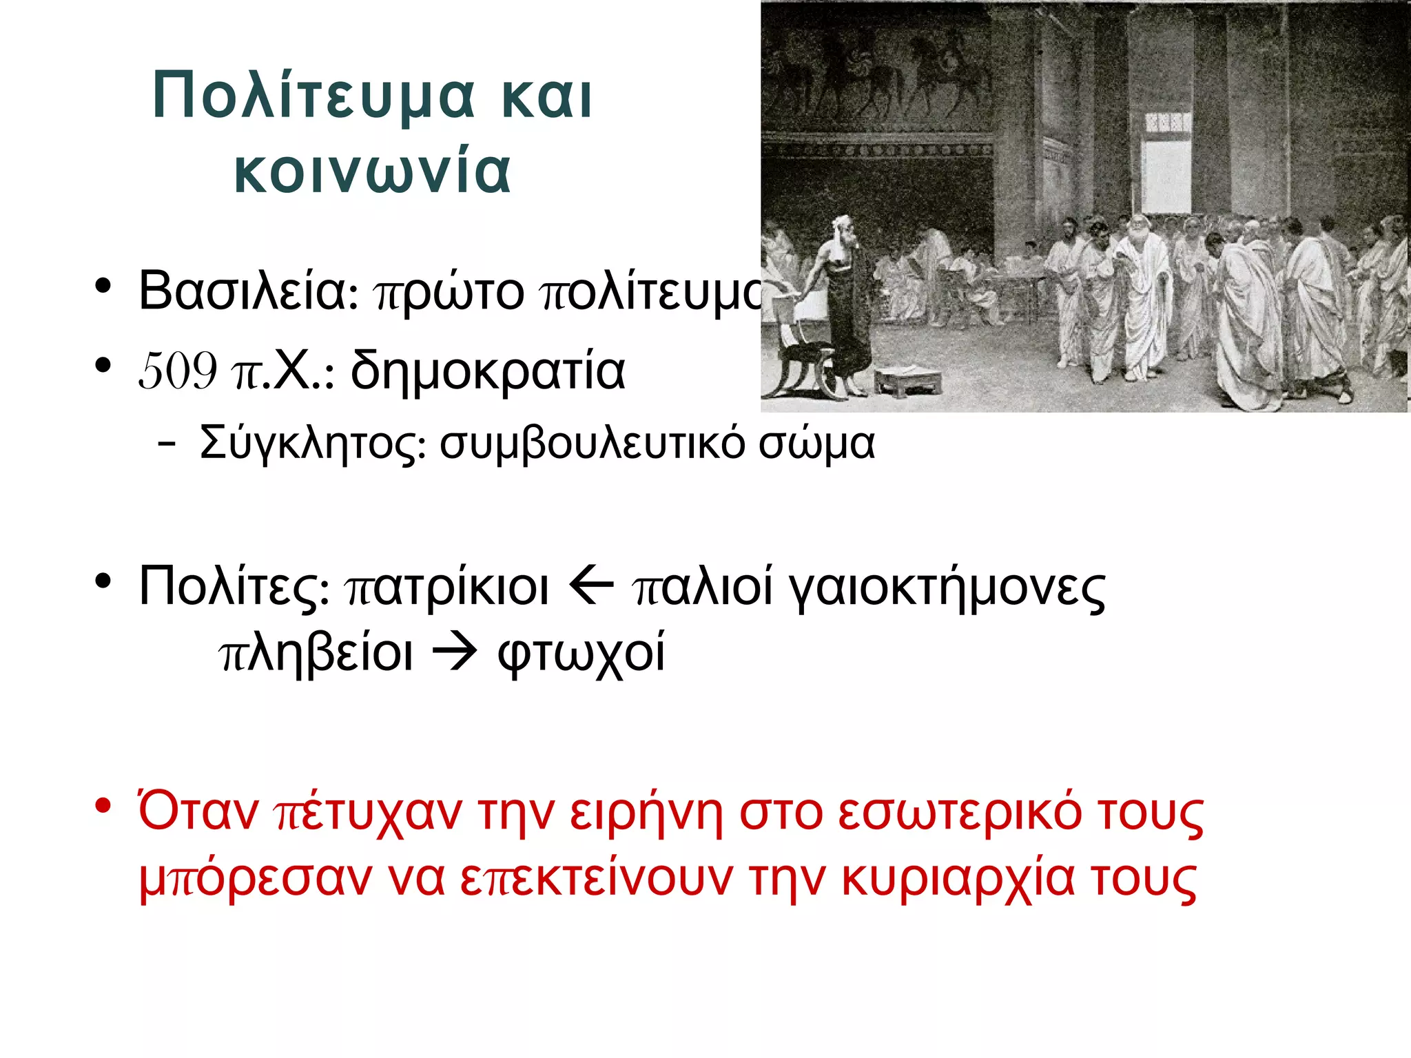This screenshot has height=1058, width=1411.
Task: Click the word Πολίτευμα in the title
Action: pos(313,96)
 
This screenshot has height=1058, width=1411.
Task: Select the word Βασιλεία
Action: pos(242,291)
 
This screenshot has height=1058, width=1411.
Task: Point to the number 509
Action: pos(178,371)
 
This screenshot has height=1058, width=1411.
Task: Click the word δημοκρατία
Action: pos(488,371)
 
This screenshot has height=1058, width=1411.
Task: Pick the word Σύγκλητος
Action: pos(312,443)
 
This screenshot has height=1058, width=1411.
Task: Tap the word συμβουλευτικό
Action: pos(592,443)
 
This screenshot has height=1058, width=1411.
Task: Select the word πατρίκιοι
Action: pos(446,588)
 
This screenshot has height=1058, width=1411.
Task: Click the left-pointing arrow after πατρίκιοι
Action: pos(591,588)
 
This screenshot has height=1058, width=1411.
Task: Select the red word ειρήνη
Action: pos(646,813)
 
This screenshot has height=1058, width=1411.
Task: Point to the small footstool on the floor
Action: pos(908,382)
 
